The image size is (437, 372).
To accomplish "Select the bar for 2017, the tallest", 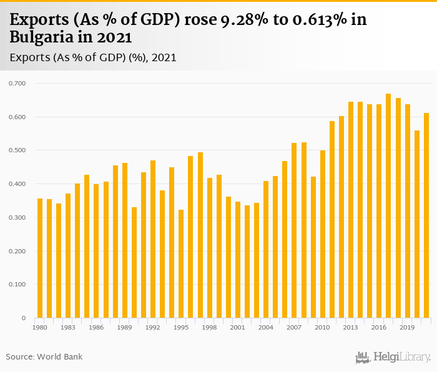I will click(388, 206).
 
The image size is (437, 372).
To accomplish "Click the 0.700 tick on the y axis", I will click(16, 83).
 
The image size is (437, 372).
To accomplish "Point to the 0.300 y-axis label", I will click(16, 218).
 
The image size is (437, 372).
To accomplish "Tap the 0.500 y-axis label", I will click(16, 150).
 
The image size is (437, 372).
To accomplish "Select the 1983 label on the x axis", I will click(68, 327).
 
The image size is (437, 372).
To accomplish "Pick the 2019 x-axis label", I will click(407, 327).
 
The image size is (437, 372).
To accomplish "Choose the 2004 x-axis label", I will click(266, 327).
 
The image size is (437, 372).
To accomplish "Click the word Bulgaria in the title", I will click(41, 37).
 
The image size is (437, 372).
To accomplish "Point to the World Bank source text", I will click(44, 357).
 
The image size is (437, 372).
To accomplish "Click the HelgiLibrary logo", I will click(393, 357).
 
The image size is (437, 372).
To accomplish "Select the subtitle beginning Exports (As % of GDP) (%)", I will click(93, 57).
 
